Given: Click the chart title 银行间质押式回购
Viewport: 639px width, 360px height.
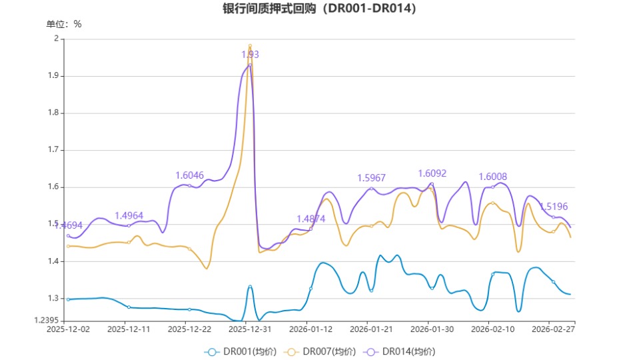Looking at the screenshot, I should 319,9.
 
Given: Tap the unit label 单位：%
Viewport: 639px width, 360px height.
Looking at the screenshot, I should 64,24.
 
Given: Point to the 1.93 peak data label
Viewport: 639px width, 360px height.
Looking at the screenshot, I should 250,55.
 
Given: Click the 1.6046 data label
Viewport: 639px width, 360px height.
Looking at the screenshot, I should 189,175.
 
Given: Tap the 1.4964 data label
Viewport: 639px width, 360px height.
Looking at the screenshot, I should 129,215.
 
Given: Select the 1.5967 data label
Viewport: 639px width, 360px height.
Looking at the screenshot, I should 372,178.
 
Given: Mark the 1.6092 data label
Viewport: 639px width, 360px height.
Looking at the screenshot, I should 432,173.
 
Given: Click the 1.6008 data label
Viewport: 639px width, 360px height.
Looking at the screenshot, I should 492,177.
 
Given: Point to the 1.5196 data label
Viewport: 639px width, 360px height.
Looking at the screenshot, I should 554,207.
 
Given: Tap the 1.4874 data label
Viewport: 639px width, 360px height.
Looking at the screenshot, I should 311,219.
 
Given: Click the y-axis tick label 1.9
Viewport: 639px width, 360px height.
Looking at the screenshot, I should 53,76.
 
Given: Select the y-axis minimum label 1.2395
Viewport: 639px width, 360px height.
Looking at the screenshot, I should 47,321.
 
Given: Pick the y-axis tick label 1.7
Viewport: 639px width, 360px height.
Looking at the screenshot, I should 53,150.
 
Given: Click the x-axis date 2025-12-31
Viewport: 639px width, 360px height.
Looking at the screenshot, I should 249,329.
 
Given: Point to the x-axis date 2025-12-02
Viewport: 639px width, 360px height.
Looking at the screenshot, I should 67,329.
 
